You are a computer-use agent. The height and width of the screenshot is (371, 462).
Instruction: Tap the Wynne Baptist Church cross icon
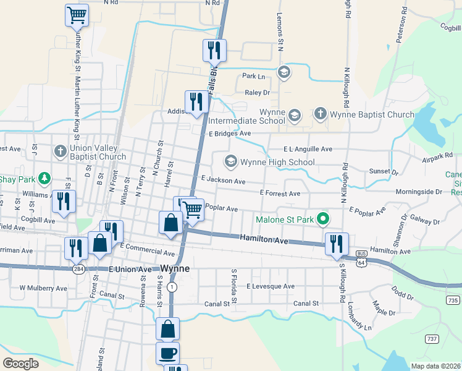point(320,114)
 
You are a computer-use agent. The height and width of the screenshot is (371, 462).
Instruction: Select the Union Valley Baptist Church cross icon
point(60,151)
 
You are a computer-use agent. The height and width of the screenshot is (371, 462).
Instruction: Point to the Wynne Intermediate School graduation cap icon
point(295,115)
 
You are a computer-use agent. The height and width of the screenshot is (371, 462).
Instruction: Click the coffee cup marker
point(168,354)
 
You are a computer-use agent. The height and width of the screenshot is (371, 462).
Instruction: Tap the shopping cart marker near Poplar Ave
point(193,210)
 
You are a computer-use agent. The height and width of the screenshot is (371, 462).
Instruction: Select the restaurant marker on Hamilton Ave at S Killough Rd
point(337,244)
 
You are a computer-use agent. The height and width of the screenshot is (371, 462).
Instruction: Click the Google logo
point(20,363)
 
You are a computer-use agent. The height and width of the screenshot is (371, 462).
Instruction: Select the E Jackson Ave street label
point(223,181)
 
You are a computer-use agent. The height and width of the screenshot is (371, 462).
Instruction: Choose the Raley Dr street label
point(258,92)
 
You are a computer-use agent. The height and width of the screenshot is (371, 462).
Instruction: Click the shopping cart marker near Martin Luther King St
point(77,15)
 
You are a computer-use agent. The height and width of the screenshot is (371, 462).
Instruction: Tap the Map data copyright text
point(434,366)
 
